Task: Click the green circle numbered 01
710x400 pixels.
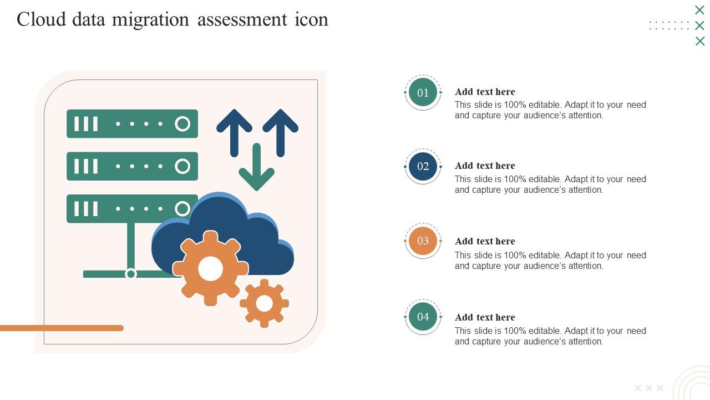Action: coord(423,92)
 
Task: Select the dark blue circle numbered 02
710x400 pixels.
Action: coord(423,166)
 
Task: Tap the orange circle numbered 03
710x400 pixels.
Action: coord(423,241)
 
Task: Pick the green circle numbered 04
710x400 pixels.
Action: coord(423,317)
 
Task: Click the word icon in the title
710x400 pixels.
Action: coord(311,19)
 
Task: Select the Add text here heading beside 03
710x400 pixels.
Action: coord(485,241)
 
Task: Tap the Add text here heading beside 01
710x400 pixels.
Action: coord(485,92)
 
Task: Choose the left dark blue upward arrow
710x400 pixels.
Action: coord(235,131)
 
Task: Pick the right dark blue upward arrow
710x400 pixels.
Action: coord(281,131)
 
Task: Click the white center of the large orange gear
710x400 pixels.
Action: coord(211,269)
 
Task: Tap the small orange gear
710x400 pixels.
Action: coord(265,303)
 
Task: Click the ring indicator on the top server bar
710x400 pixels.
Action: coord(182,124)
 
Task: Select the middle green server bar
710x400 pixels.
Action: coord(132,166)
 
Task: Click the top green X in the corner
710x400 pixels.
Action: coord(699,10)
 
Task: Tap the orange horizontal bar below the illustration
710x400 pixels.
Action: coord(61,328)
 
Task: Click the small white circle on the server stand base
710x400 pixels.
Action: coord(131,274)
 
